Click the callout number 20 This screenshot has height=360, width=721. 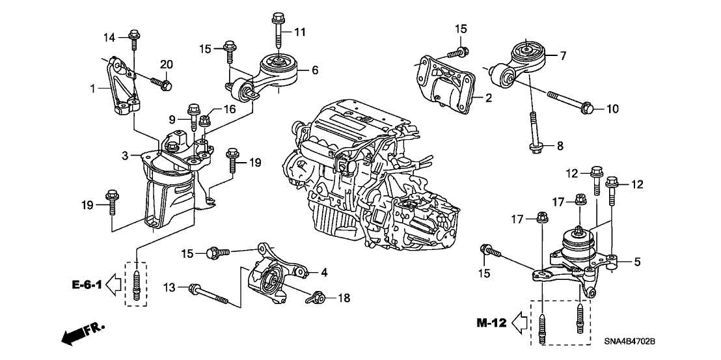pyautogui.click(x=166, y=64)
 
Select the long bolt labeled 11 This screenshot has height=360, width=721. pyautogui.click(x=278, y=29)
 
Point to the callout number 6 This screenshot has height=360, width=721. pyautogui.click(x=315, y=70)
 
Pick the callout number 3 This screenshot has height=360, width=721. pyautogui.click(x=125, y=156)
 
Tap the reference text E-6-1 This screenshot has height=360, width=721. pyautogui.click(x=87, y=285)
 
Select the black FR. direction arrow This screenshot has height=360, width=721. pyautogui.click(x=82, y=334)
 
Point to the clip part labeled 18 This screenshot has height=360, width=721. pyautogui.click(x=316, y=298)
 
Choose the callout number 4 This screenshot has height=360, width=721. pyautogui.click(x=324, y=273)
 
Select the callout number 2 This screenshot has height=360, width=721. pyautogui.click(x=489, y=98)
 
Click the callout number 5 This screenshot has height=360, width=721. pyautogui.click(x=637, y=262)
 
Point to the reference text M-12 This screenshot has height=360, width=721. pyautogui.click(x=491, y=323)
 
